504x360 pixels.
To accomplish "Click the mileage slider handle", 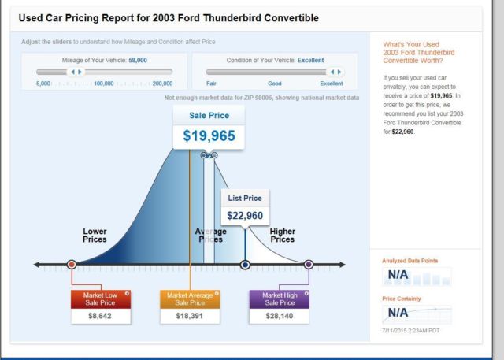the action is point(76,72).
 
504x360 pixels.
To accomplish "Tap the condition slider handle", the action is point(335,72).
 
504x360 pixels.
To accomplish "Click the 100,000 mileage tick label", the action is point(104,84).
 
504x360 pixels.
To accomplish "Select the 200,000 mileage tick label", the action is point(162,84).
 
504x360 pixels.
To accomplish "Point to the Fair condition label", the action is point(211,84).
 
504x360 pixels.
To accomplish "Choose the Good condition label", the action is point(275,84).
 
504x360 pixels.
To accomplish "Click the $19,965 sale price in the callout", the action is point(209,135).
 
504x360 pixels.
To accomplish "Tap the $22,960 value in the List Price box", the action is point(245,216).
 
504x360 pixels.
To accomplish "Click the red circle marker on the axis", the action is point(72,265).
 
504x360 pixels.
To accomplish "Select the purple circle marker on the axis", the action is point(309,265).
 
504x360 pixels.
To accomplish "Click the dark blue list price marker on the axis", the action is point(245,265).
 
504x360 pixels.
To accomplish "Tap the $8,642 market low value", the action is point(100,316).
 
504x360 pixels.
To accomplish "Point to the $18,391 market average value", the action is point(189,316).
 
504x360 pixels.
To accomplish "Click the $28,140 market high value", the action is point(280,316).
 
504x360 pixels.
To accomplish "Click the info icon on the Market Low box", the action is point(127,293).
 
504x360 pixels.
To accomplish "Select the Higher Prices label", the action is point(283,236).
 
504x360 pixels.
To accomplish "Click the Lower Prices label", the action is point(94,236).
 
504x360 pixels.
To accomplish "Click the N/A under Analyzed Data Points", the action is point(398,274).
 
